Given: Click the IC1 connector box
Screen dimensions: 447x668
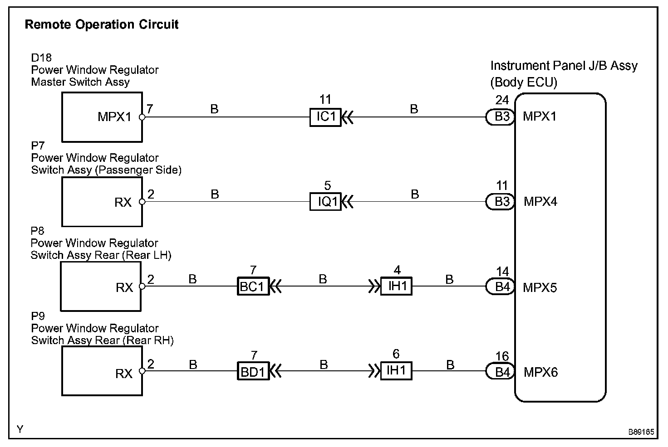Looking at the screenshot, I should [325, 117].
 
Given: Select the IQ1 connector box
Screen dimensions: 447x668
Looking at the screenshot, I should [325, 201].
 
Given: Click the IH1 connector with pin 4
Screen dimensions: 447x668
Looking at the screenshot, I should [396, 287].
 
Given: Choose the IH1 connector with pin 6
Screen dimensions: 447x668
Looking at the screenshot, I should [396, 371].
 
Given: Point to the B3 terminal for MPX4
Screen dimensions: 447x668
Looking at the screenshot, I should [500, 202].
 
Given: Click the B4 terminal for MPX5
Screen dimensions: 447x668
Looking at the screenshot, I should [500, 287].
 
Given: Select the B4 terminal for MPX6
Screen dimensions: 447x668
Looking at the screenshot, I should [500, 372].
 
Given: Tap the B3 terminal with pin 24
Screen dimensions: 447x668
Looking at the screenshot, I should [500, 117].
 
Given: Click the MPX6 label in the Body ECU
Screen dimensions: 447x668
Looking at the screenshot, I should [540, 372].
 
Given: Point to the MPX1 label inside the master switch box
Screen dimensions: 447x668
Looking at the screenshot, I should [114, 117].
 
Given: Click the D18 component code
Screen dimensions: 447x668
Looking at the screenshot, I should [41, 58].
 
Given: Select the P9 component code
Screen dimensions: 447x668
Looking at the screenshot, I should [38, 316].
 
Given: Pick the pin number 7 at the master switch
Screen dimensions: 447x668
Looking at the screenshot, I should [150, 109].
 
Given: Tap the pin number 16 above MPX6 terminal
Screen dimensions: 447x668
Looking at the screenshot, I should [502, 356].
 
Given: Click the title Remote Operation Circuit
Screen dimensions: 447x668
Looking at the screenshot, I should [102, 24].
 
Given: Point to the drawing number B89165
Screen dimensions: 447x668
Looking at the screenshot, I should [641, 432].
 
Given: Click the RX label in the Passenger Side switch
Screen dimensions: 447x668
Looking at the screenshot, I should [123, 202].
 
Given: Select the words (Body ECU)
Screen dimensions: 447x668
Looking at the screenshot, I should [524, 82].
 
